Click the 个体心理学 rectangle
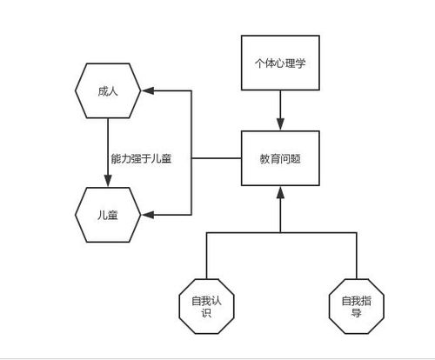[x=279, y=63]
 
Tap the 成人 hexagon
[x=107, y=90]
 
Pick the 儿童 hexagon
[x=107, y=213]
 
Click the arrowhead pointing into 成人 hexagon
[x=147, y=90]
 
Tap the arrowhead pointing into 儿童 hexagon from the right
[x=147, y=213]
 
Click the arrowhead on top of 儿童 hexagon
[x=107, y=180]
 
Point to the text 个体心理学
[x=279, y=63]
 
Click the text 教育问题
[x=280, y=160]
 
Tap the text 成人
[x=107, y=90]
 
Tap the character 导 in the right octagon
[x=357, y=314]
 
